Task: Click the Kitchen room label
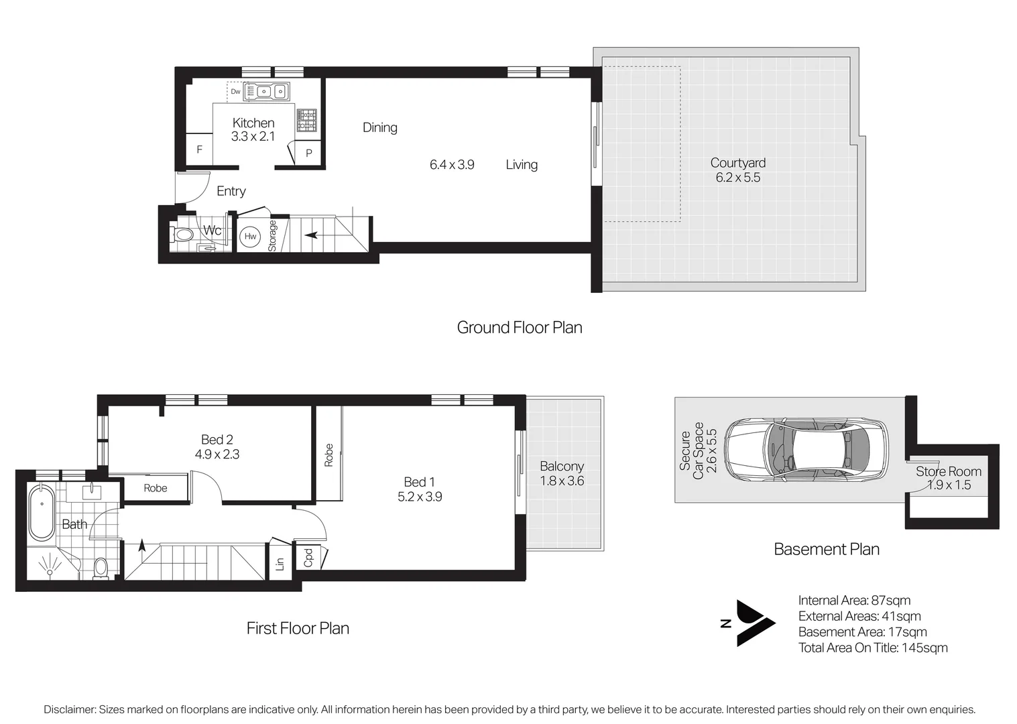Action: [x=253, y=123]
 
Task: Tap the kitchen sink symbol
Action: [x=265, y=91]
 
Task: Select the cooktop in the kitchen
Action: [x=306, y=120]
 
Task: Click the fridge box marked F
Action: [x=199, y=150]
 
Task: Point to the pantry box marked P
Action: [x=308, y=153]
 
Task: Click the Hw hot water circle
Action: [x=250, y=237]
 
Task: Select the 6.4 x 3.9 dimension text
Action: [x=452, y=165]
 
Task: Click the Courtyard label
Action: [x=737, y=163]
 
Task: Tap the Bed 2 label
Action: [x=217, y=440]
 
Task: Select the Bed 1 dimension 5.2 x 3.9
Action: [x=419, y=497]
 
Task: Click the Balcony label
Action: [x=562, y=467]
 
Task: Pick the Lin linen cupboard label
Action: [x=280, y=564]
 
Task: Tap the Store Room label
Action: [x=948, y=471]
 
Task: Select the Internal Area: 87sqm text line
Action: [x=854, y=601]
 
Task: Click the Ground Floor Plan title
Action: [x=520, y=328]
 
